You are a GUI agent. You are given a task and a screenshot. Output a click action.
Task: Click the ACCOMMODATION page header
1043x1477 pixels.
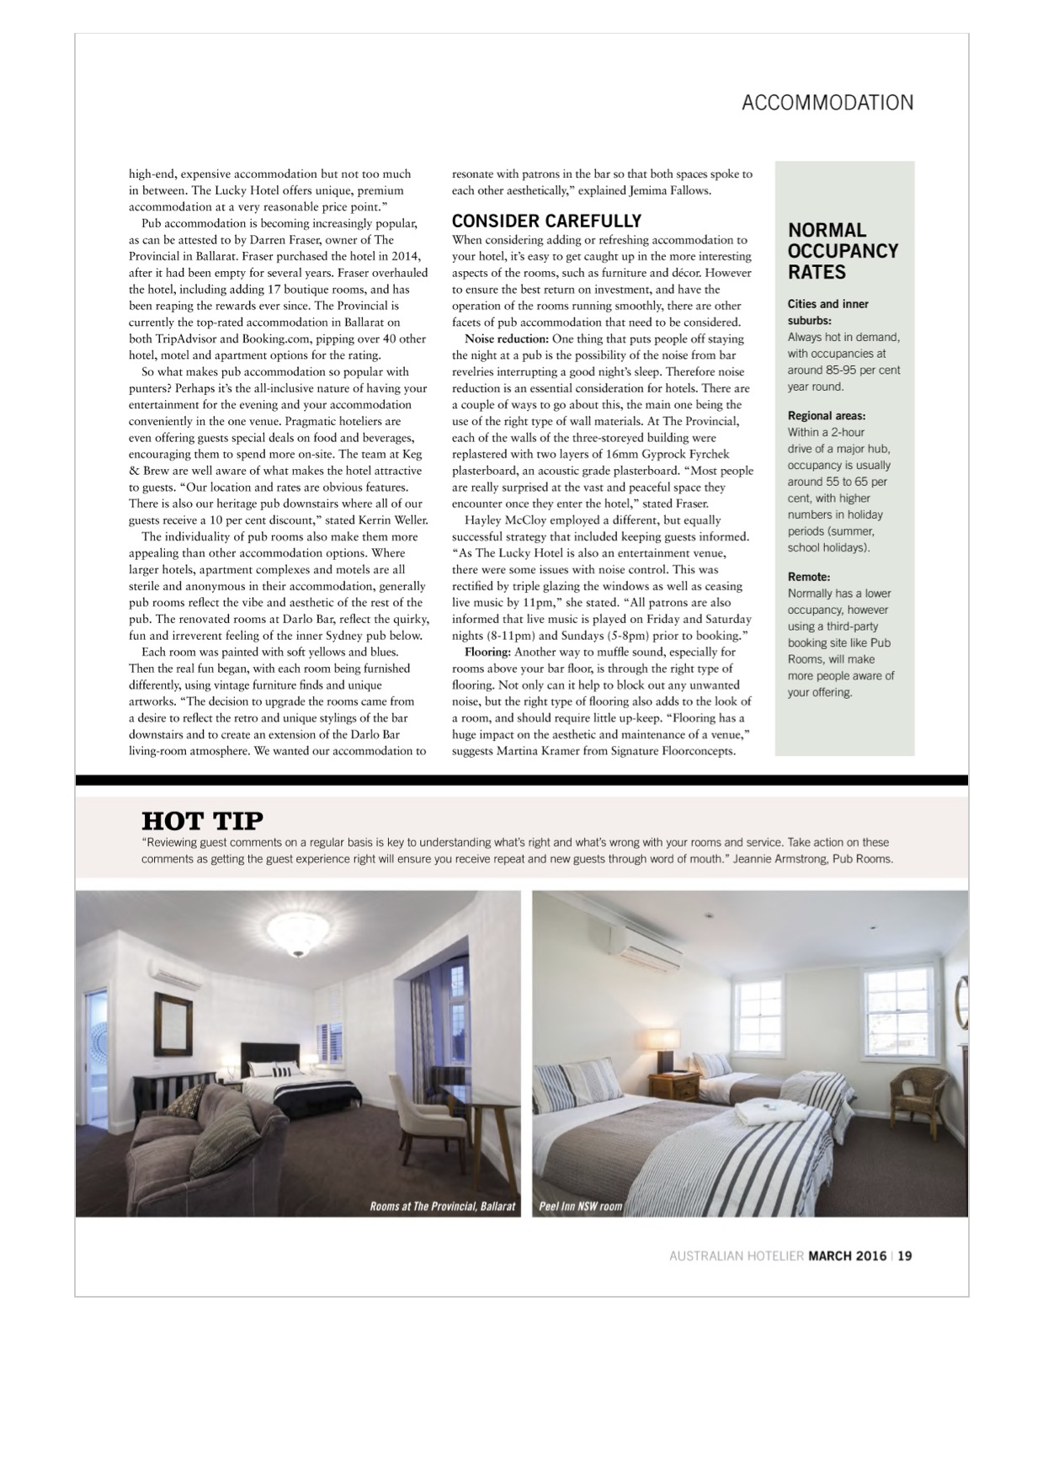pyautogui.click(x=827, y=103)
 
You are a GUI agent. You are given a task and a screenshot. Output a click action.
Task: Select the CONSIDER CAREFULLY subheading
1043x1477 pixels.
pyautogui.click(x=546, y=221)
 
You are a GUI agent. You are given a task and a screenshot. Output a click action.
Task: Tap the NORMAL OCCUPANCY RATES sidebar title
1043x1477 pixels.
pyautogui.click(x=843, y=251)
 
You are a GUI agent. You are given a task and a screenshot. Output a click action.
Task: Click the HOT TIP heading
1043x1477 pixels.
pyautogui.click(x=202, y=819)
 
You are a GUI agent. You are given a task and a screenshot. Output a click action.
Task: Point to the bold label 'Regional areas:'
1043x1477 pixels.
pyautogui.click(x=826, y=415)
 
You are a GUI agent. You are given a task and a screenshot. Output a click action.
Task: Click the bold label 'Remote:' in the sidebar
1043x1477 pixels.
pyautogui.click(x=808, y=577)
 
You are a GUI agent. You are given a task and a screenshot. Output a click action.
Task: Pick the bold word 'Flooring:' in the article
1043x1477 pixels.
pyautogui.click(x=487, y=652)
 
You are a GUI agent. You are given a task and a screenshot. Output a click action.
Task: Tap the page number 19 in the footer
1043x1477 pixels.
pyautogui.click(x=904, y=1256)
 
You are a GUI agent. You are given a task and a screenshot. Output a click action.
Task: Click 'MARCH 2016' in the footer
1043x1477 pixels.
pyautogui.click(x=847, y=1256)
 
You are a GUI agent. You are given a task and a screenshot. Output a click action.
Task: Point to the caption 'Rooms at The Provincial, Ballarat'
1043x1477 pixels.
pyautogui.click(x=442, y=1206)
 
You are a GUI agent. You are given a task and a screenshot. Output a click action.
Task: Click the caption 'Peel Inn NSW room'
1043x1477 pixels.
pyautogui.click(x=580, y=1206)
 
